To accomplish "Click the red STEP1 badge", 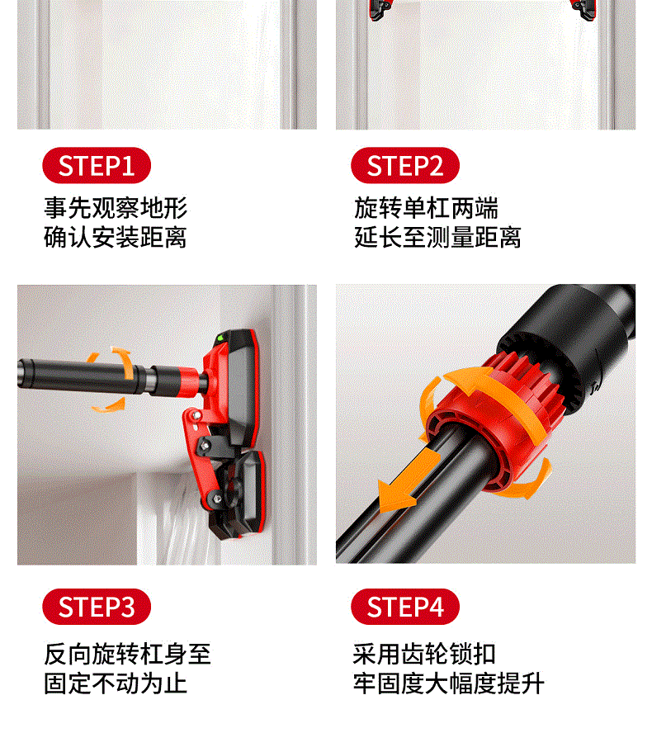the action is [x=97, y=165].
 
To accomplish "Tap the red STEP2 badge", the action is [x=404, y=165].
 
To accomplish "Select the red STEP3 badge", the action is [x=97, y=607].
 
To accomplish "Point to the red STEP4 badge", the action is [x=404, y=607].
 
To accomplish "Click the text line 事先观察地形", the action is [x=116, y=207].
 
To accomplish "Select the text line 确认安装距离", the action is [x=116, y=237].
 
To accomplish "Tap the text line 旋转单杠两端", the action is [x=426, y=207].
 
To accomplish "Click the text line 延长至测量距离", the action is [x=437, y=237].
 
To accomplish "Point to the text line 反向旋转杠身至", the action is [x=127, y=654].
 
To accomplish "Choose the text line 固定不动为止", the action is [x=116, y=683].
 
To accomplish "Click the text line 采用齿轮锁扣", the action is [x=424, y=654].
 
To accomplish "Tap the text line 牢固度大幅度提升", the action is [x=449, y=683].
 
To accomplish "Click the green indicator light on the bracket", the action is [x=220, y=337].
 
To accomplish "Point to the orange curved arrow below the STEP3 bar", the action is [x=108, y=406].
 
